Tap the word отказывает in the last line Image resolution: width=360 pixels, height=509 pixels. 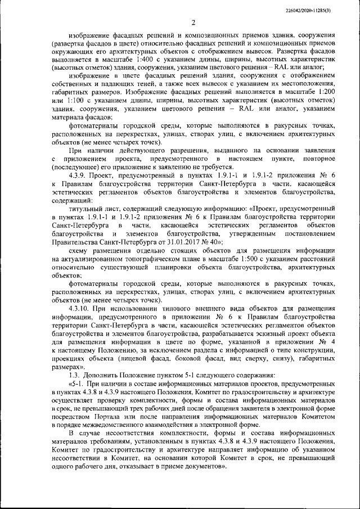(x=134, y=467)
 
